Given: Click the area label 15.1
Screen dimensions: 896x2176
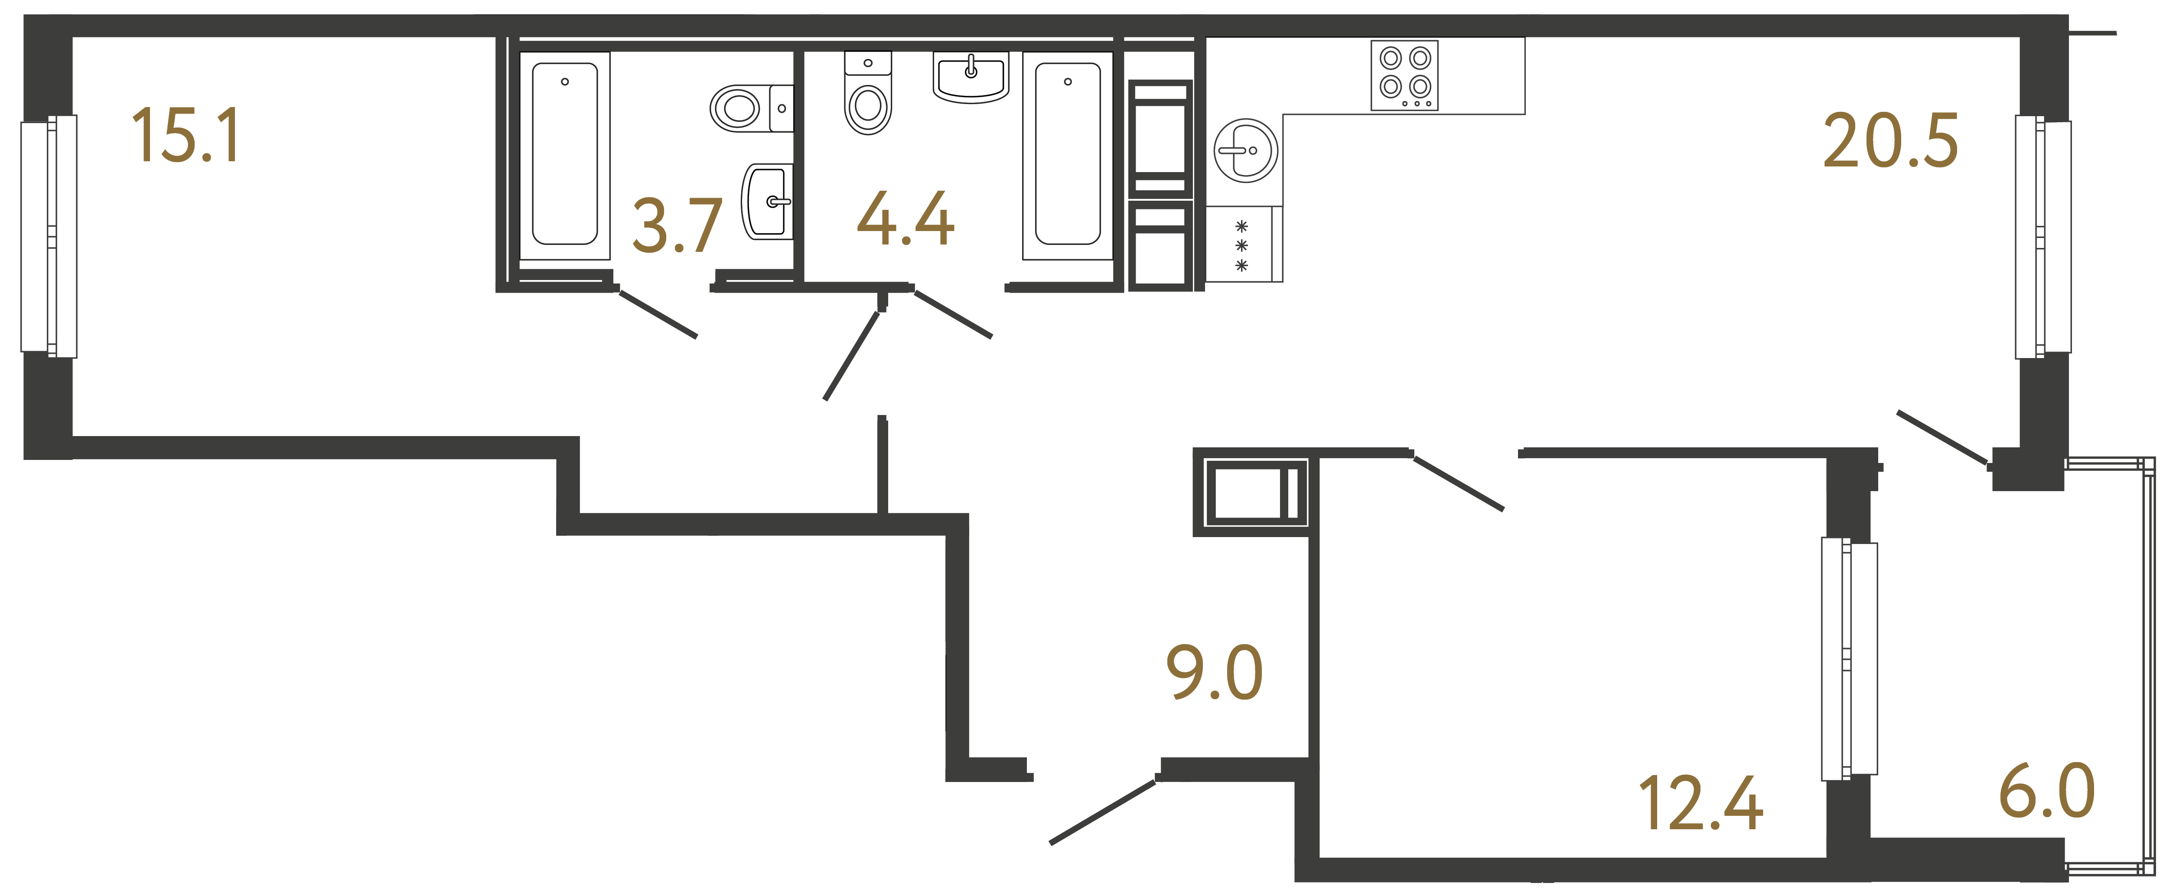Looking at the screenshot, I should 186,135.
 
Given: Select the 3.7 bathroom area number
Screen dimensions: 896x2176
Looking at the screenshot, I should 677,226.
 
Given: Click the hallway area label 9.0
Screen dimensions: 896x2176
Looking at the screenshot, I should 1214,673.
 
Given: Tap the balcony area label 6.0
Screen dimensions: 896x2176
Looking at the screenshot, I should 2047,791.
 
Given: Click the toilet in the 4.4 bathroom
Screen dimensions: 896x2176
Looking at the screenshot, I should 867,94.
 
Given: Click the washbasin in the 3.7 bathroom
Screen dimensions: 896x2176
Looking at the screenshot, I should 767,201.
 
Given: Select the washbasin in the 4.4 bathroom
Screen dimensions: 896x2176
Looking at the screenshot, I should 971,76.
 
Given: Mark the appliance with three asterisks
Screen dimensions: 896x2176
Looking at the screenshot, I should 1242,245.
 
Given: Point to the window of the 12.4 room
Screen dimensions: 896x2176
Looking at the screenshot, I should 1849,659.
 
